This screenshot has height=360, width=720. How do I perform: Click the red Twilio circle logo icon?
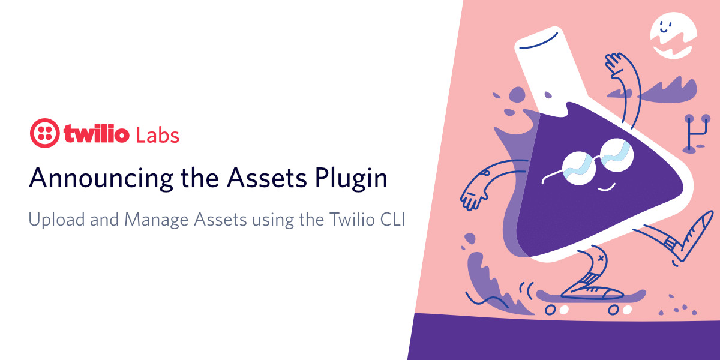[44, 133]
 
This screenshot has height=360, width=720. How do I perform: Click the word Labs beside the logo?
[157, 136]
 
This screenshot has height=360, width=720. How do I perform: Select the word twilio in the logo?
[97, 133]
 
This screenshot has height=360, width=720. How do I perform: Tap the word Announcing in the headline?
[101, 179]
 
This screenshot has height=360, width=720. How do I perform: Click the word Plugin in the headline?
[351, 179]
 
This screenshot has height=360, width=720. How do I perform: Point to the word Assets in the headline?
[267, 178]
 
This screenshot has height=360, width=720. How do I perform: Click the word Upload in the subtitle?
[56, 220]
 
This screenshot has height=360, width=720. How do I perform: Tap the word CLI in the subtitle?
[393, 219]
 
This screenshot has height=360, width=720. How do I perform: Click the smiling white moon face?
[673, 35]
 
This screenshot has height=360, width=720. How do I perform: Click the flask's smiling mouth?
[607, 187]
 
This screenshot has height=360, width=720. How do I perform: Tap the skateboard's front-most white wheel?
[627, 310]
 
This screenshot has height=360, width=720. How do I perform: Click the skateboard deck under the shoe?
[591, 297]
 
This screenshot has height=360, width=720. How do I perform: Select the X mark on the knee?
[601, 258]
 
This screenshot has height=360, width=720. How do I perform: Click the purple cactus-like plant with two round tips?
[696, 133]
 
